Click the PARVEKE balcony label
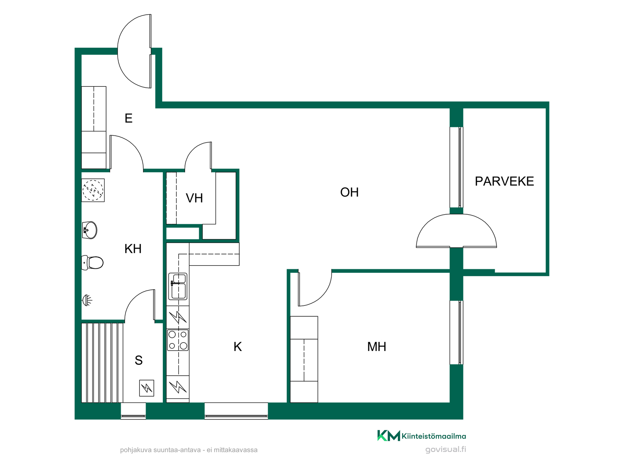click(x=504, y=181)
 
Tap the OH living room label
click(x=349, y=192)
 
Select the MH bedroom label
click(x=377, y=347)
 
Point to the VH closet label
click(x=194, y=198)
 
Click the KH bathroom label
click(x=133, y=249)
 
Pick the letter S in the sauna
click(x=139, y=360)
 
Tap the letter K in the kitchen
click(x=238, y=347)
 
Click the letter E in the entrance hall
click(x=128, y=118)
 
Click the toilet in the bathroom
click(x=92, y=263)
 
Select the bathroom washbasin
click(x=89, y=230)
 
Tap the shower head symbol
click(x=87, y=300)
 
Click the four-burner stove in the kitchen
click(x=178, y=340)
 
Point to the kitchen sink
click(x=178, y=286)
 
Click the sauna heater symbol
click(x=147, y=388)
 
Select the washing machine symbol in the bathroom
click(x=93, y=190)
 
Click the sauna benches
click(x=102, y=363)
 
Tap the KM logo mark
click(x=389, y=435)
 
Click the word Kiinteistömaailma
click(x=434, y=436)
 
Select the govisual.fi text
click(x=446, y=449)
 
